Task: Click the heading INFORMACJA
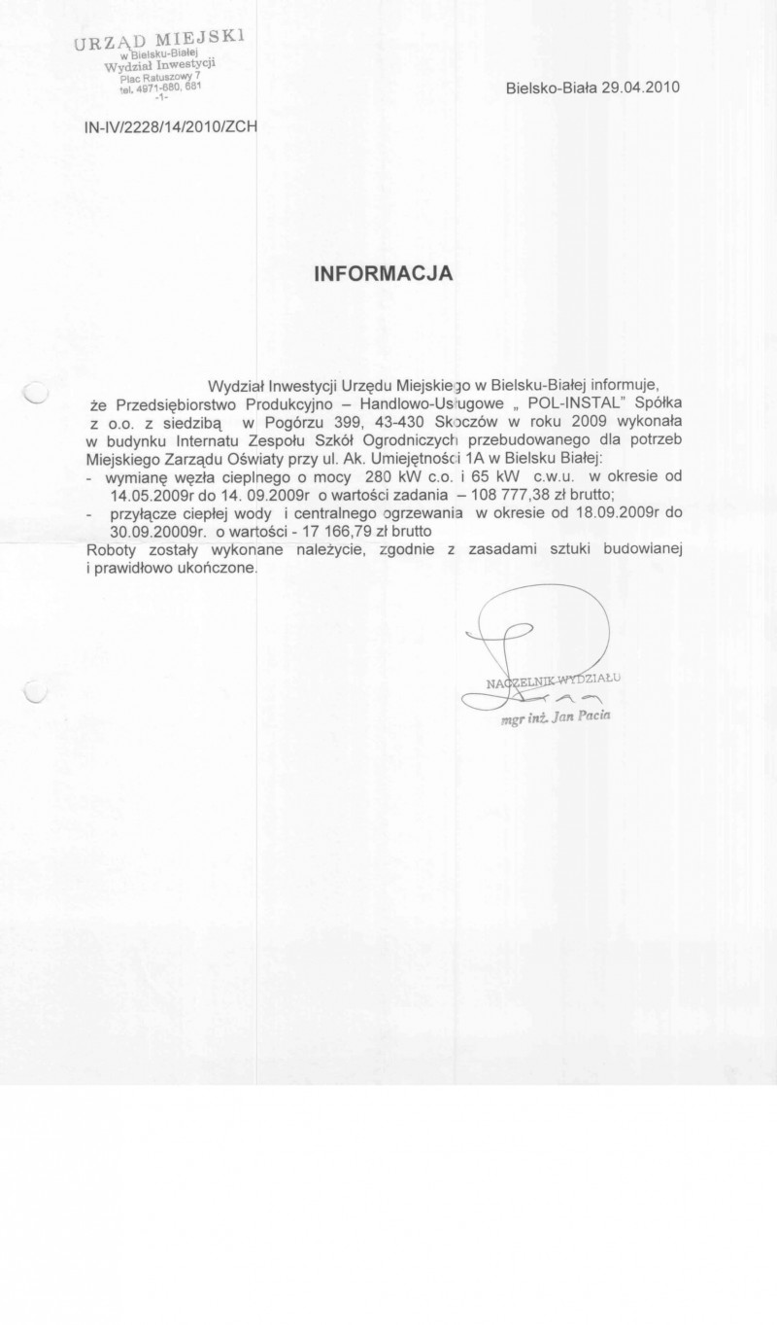[384, 274]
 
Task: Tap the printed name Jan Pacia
[576, 716]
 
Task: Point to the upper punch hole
[35, 393]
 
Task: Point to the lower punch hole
[35, 692]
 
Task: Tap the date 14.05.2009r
[137, 494]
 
